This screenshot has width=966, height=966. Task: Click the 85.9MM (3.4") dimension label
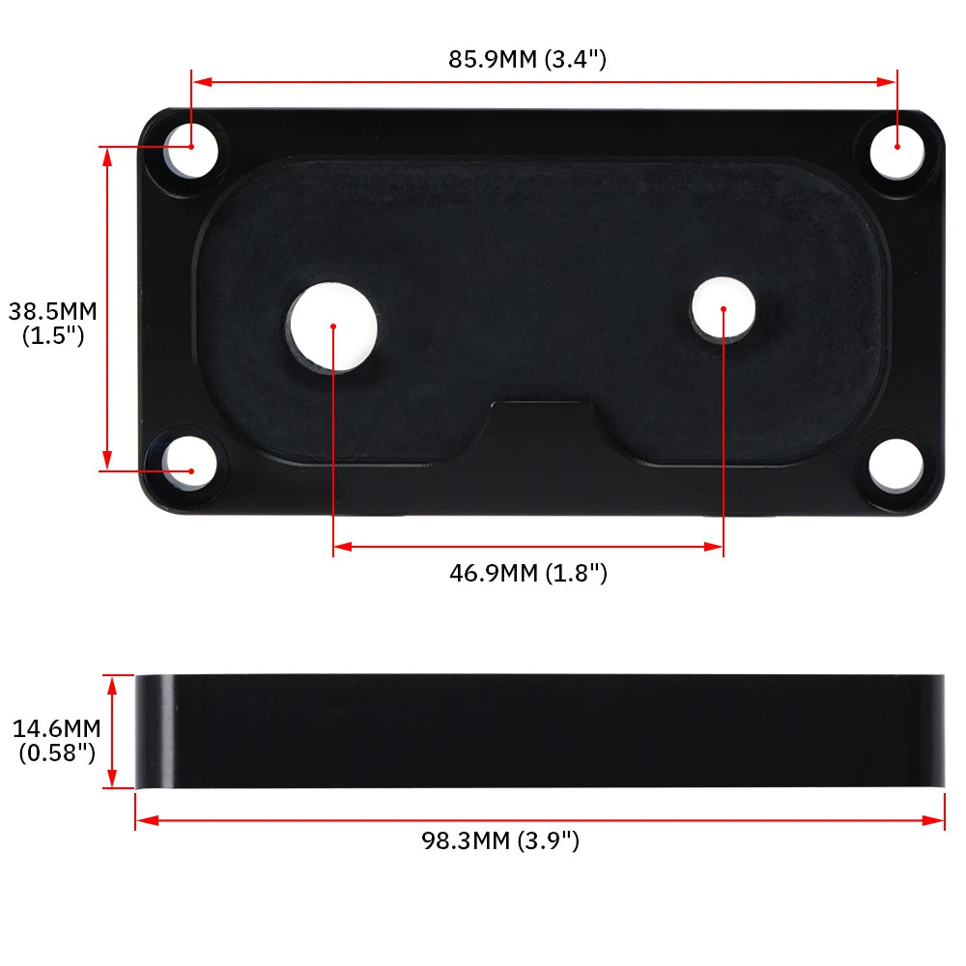(x=527, y=59)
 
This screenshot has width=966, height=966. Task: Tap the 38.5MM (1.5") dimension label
(x=53, y=323)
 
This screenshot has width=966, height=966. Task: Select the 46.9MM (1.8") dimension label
(x=528, y=573)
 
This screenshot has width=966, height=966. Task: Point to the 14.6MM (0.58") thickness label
(x=57, y=741)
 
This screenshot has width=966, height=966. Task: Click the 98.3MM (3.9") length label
(x=500, y=840)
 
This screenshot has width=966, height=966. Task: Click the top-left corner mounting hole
(x=191, y=151)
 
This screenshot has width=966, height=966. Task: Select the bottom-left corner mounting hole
(x=189, y=464)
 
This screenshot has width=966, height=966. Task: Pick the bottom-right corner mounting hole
(x=895, y=466)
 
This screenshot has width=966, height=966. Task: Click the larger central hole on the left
(x=332, y=327)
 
